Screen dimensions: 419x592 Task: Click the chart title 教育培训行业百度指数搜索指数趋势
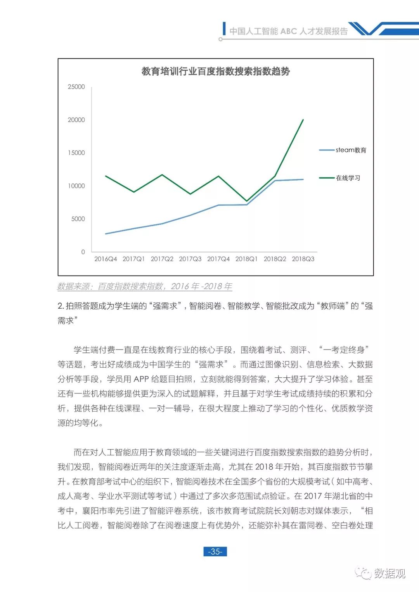(x=216, y=71)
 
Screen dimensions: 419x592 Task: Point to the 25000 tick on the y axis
(x=76, y=87)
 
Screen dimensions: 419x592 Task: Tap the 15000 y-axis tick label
(x=76, y=153)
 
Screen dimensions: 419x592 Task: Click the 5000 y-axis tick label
(x=78, y=219)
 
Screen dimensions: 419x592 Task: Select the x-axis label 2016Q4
(x=106, y=259)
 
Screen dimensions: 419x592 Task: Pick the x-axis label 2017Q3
(x=190, y=259)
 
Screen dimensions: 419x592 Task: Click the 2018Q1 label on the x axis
(x=246, y=259)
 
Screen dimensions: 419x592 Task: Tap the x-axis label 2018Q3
(x=303, y=259)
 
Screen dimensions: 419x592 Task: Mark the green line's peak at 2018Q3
(x=303, y=120)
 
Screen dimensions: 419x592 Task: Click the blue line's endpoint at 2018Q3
(x=303, y=179)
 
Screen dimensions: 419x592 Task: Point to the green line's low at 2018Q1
(x=246, y=201)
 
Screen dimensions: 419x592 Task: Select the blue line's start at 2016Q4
(x=106, y=234)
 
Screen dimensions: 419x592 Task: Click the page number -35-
(x=215, y=551)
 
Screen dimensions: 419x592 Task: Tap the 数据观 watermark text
(x=390, y=573)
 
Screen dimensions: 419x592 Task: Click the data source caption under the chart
(x=144, y=286)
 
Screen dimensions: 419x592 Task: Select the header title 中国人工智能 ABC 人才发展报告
(x=288, y=31)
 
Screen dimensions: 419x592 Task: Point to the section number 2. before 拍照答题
(x=61, y=306)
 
